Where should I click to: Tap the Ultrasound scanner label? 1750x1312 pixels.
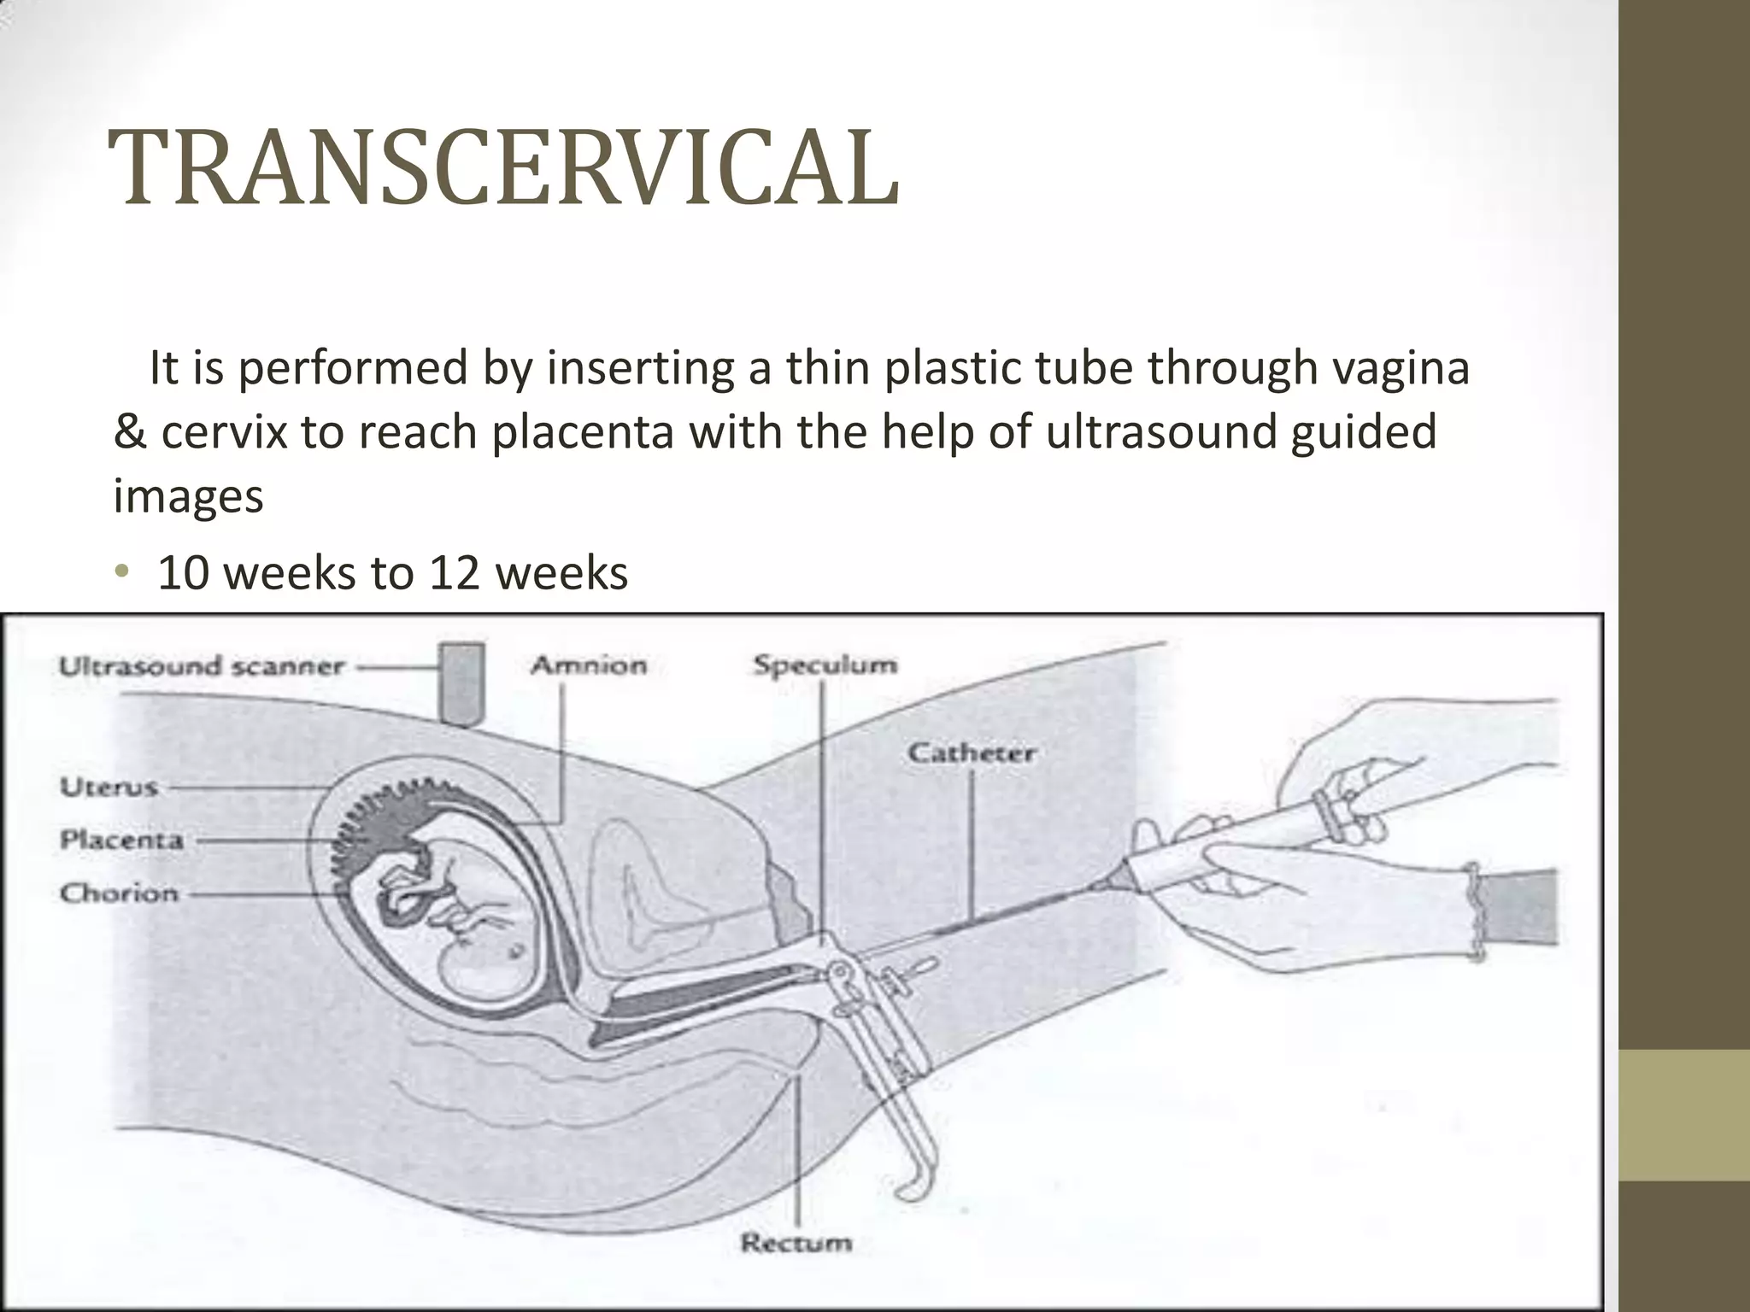coord(202,666)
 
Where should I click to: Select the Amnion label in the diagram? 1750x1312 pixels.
coord(589,665)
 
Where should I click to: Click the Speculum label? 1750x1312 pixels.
coord(825,665)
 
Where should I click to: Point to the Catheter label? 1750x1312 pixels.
coord(972,753)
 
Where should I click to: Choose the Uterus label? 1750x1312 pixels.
coord(109,786)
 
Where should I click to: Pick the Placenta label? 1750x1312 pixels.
coord(121,840)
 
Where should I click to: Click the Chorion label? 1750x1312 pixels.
coord(119,893)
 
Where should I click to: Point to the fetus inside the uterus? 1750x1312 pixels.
coord(453,922)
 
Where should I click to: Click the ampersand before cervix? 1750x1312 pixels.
coord(130,432)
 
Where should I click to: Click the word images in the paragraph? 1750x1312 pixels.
coord(188,496)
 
